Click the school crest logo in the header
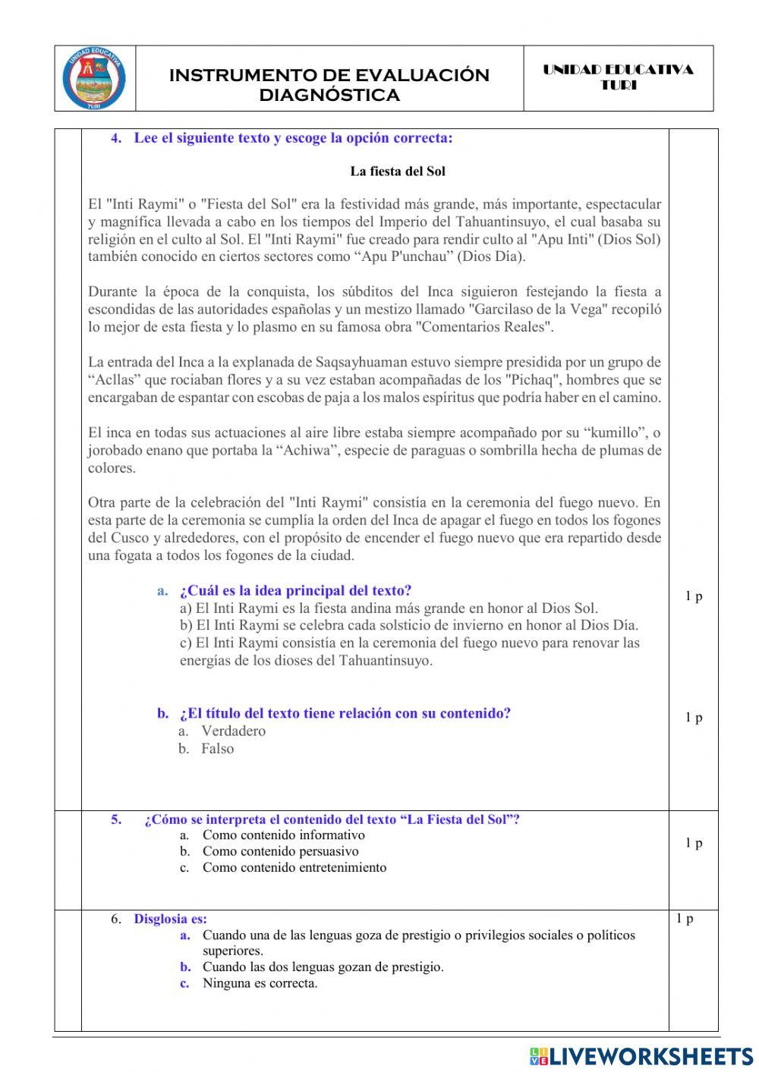(95, 79)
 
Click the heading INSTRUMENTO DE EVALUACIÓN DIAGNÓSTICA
(329, 85)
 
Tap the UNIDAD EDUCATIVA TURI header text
(618, 77)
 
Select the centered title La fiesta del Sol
(398, 171)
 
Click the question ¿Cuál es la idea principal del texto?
(295, 590)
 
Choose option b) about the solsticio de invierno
(409, 625)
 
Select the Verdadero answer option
(233, 731)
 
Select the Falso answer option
(217, 748)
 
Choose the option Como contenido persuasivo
(280, 851)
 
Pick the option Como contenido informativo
(283, 835)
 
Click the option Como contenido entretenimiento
(294, 867)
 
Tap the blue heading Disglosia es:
(170, 919)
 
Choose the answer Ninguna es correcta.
(260, 983)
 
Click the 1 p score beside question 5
(693, 843)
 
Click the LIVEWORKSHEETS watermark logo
(641, 1056)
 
